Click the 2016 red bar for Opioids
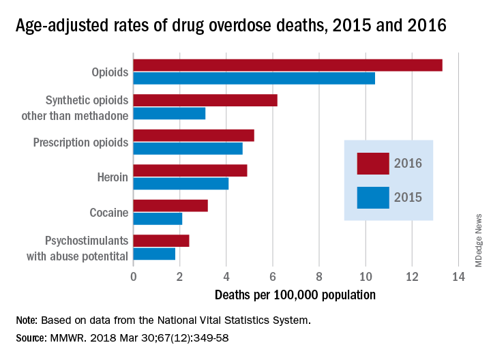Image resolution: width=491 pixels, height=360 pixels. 287,65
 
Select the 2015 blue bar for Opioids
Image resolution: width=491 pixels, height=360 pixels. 254,78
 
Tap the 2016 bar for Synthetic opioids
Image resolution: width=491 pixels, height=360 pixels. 205,100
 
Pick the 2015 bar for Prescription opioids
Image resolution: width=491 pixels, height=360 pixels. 188,149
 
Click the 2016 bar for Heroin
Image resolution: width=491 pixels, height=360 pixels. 190,170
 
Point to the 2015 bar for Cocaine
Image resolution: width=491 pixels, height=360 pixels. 158,218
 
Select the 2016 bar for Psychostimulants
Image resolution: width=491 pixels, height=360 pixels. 161,240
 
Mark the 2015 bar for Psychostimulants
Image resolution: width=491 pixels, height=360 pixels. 154,254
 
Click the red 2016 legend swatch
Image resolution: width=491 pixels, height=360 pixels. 373,164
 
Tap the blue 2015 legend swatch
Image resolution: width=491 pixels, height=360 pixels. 373,198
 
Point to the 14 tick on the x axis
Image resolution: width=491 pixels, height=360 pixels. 458,277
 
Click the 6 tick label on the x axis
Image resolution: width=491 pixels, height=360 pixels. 272,277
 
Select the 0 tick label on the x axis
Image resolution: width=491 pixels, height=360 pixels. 133,277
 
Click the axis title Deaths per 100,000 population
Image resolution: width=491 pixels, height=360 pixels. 295,295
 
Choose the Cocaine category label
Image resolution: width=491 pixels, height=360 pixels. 109,212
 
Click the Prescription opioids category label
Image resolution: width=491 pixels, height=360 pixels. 80,142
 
